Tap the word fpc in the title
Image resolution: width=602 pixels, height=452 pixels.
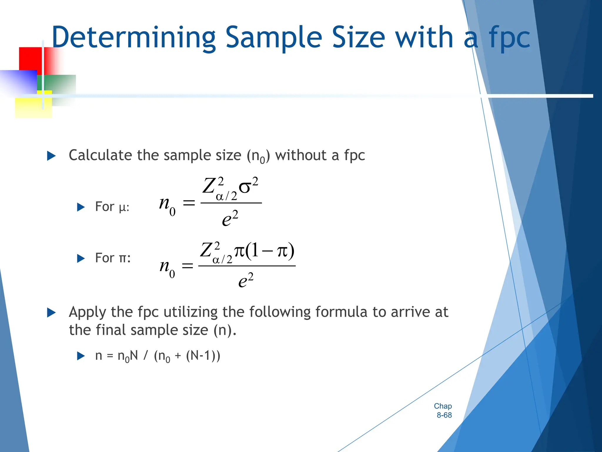509,38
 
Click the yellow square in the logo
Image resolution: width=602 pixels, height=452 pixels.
33,107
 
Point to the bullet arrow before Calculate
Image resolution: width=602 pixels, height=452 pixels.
51,156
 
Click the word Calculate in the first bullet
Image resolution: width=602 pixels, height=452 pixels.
100,155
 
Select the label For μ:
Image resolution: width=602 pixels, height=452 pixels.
112,207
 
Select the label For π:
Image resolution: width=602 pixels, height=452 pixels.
113,258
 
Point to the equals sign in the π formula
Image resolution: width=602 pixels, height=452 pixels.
188,266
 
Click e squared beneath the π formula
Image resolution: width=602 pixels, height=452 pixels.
246,280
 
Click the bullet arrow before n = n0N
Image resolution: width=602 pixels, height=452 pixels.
81,356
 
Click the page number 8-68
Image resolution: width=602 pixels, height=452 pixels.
444,415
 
